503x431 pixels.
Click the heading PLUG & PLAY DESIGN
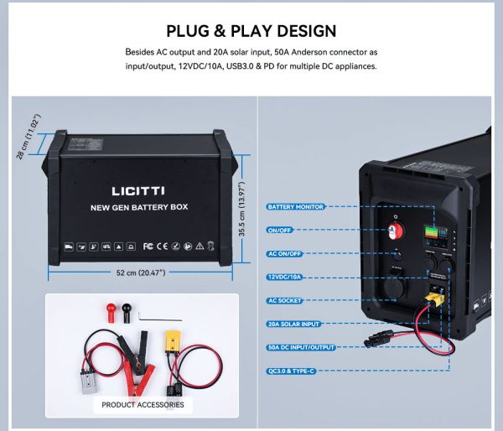(251, 32)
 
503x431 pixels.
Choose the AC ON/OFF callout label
(285, 253)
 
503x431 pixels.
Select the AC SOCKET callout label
(285, 300)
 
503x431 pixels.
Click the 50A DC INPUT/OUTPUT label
(301, 347)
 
